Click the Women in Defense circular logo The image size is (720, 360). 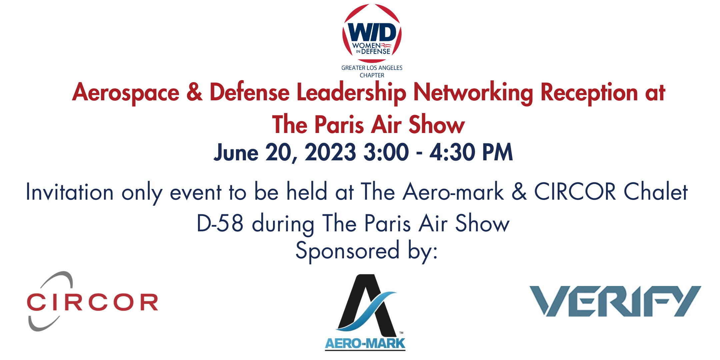[x=372, y=33]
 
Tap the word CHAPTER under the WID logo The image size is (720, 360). [x=372, y=75]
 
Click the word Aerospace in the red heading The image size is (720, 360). [x=126, y=93]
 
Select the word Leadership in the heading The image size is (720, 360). [x=351, y=93]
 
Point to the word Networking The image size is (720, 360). [x=473, y=93]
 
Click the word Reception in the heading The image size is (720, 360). [x=589, y=93]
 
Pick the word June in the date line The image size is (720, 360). [x=236, y=153]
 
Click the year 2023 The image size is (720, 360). [x=330, y=153]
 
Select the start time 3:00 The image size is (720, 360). [x=386, y=153]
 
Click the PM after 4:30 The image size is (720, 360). [x=497, y=153]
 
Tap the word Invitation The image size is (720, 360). [x=70, y=192]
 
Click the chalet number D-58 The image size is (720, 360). [x=220, y=223]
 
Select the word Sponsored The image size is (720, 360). [x=347, y=251]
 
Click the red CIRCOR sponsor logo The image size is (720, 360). [x=92, y=302]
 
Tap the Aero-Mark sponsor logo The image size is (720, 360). [x=365, y=312]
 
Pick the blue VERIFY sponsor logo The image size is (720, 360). [x=615, y=301]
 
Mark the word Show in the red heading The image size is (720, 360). [x=437, y=125]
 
